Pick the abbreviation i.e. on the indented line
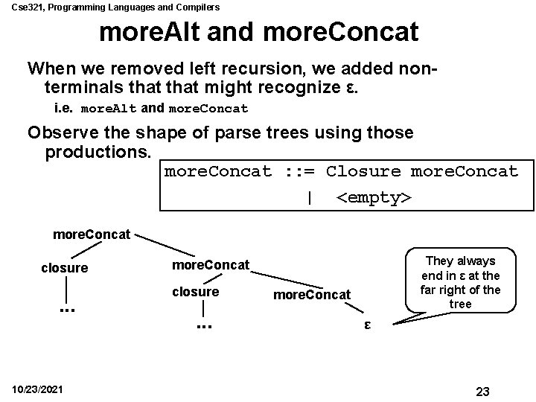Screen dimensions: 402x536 point(65,109)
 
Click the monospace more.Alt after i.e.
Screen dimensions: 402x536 point(108,109)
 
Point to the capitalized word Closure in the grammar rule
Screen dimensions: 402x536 point(363,171)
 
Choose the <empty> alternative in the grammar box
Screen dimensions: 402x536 point(373,198)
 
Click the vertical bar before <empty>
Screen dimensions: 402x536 point(308,198)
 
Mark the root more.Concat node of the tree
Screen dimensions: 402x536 point(92,234)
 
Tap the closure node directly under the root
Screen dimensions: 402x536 point(65,268)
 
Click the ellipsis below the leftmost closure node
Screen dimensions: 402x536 point(66,306)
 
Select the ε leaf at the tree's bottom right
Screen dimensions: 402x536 point(366,325)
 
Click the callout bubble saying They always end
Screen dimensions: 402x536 point(459,282)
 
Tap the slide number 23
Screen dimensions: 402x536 point(482,392)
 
